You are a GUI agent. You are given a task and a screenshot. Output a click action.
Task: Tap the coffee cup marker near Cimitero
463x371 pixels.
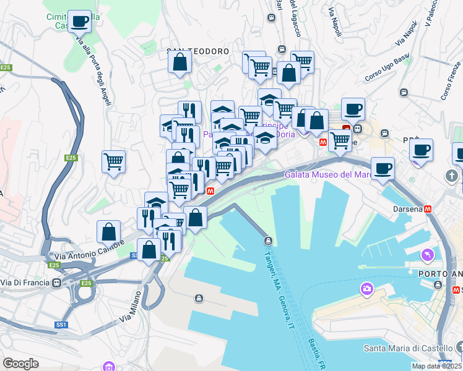[79, 22]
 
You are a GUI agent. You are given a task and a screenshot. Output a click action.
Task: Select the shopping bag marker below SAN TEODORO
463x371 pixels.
[180, 62]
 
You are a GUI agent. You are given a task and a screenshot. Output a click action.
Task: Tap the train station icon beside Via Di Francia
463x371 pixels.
[57, 283]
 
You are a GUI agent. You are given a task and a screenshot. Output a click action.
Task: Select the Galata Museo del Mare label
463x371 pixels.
[328, 174]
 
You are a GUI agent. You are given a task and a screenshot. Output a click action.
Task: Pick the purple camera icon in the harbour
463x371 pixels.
[367, 289]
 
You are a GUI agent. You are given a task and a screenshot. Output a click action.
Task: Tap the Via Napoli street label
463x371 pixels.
[335, 21]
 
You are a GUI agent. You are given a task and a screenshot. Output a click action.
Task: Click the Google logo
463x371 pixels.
[20, 364]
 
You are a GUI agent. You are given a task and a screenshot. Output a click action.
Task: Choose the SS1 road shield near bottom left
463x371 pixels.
[61, 325]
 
